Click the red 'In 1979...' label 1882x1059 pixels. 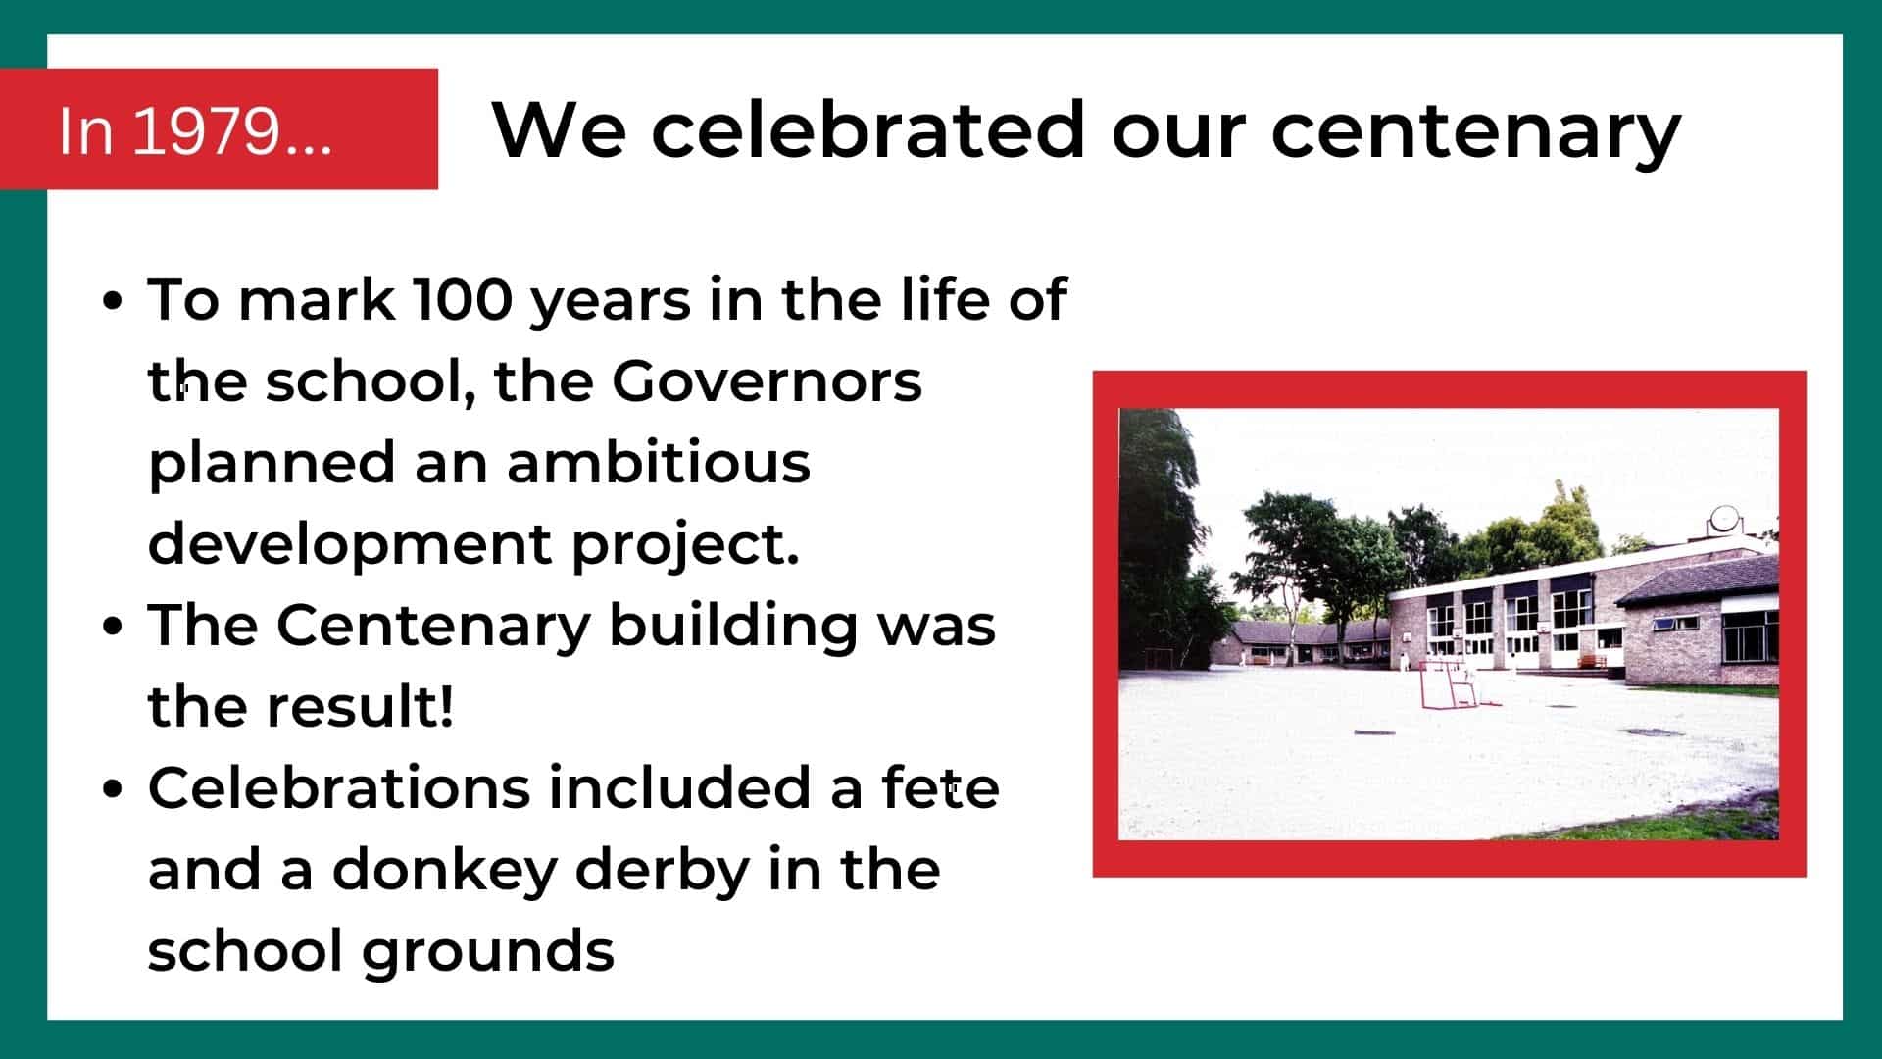click(219, 128)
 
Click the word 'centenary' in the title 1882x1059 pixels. click(1476, 132)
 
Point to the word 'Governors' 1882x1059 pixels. click(767, 380)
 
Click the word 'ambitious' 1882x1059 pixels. click(659, 462)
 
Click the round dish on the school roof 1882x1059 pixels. click(1724, 517)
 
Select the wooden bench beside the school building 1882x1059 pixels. click(1592, 662)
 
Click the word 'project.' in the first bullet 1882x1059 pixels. click(685, 545)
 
